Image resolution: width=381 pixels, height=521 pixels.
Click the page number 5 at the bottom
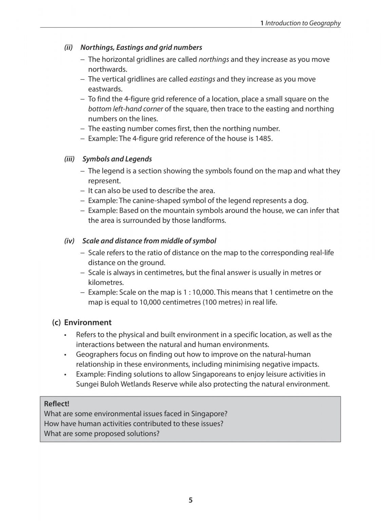click(190, 500)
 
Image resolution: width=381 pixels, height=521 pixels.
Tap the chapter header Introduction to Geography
click(303, 23)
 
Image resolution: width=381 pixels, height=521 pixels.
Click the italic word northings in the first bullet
click(214, 59)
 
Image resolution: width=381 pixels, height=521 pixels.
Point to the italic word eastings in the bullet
click(202, 79)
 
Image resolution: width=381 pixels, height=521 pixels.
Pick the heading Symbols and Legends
click(117, 159)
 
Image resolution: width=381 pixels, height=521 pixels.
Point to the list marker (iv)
click(69, 241)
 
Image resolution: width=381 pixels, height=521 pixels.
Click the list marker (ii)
click(69, 47)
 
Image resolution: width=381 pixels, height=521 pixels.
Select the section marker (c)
click(56, 323)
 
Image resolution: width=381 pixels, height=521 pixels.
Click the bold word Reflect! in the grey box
click(57, 404)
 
